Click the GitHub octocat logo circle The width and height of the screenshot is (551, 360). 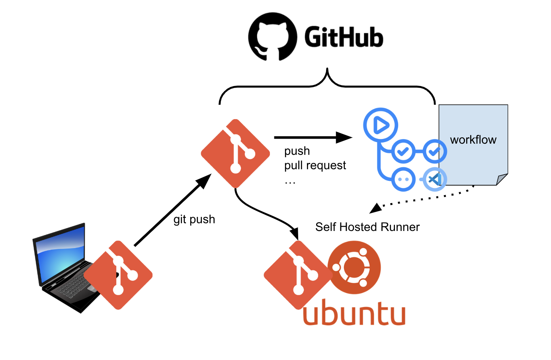(272, 37)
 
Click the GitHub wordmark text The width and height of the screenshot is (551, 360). (344, 37)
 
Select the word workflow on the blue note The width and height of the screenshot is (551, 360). (473, 140)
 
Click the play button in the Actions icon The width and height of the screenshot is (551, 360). (381, 125)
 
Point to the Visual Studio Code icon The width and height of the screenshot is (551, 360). (434, 179)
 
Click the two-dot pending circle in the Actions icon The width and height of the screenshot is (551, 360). (403, 179)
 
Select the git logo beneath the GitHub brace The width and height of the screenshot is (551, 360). (235, 153)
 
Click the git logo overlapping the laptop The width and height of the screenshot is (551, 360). (118, 275)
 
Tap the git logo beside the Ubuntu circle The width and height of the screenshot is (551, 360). (298, 275)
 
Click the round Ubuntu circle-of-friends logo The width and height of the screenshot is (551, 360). (354, 267)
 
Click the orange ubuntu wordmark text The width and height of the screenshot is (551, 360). (354, 313)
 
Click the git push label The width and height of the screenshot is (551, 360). (194, 219)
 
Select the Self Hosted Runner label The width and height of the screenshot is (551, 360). (367, 227)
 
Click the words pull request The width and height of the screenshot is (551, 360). (315, 165)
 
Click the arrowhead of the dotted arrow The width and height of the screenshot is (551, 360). (375, 208)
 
